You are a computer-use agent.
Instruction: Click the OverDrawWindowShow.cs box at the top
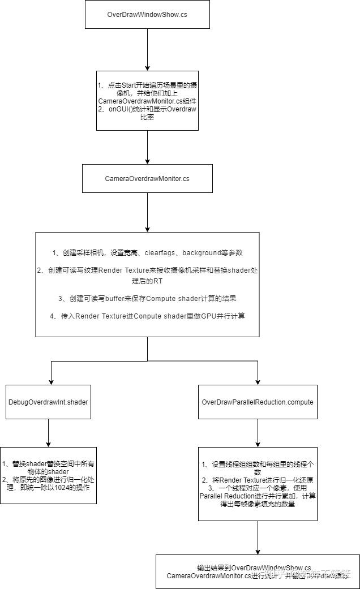[x=147, y=14]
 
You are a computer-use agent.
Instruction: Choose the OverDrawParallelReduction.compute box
[x=258, y=402]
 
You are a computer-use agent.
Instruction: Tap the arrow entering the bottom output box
[x=258, y=538]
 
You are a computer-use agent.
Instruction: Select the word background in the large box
[x=206, y=252]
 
